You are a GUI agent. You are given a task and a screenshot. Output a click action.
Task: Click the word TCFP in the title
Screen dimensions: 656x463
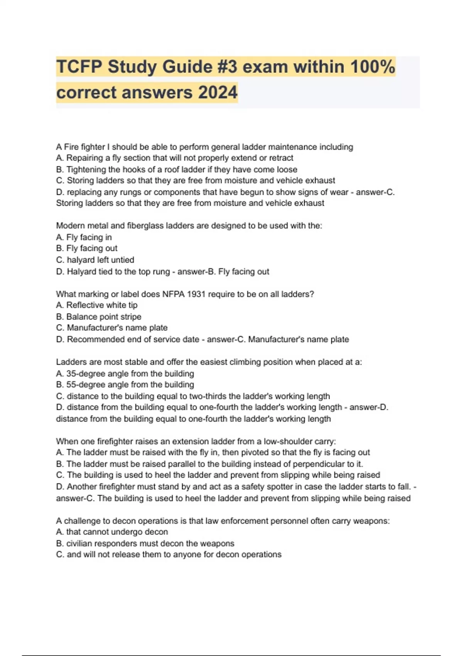79,67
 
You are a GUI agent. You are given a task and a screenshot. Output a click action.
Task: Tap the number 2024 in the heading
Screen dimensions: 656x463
218,93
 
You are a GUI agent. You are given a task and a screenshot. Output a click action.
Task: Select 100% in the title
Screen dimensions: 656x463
372,67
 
